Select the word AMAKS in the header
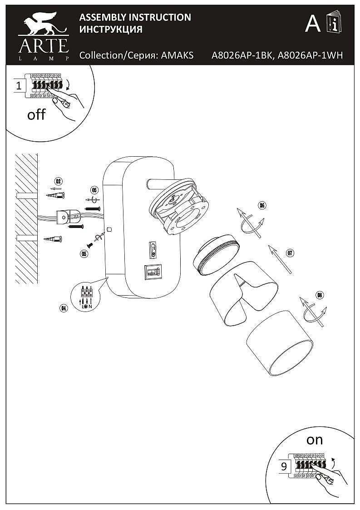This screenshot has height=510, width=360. pos(178,55)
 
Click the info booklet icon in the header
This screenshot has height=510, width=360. pos(334,23)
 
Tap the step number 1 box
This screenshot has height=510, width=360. pos(19,85)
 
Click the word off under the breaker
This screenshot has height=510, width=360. pos(36,114)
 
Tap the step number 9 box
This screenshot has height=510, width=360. pos(284,466)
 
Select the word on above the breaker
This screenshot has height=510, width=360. pos(314,440)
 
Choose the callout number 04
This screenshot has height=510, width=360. pos(64,308)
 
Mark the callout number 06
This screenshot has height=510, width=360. pos(261,205)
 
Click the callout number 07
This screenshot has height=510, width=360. pos(291,253)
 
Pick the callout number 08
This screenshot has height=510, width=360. pos(320,296)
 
